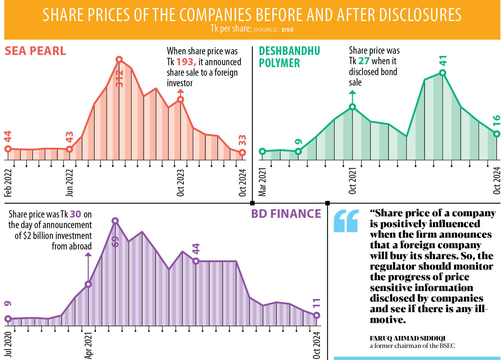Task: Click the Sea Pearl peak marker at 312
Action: point(119,59)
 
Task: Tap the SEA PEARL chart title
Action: point(35,51)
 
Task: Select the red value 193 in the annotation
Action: point(186,62)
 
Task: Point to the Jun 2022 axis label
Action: point(70,183)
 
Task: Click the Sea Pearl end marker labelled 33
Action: point(243,153)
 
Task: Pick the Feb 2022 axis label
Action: point(8,183)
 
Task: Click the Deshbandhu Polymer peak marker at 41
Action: point(442,73)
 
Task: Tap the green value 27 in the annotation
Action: point(364,61)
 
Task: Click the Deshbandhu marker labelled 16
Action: point(496,134)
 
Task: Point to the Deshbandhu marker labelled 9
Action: point(298,151)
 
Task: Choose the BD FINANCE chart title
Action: point(286,214)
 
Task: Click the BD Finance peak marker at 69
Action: point(115,221)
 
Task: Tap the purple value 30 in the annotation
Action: point(75,214)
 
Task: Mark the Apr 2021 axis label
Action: point(88,345)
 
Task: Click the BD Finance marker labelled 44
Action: point(196,261)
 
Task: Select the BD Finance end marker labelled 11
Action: point(316,315)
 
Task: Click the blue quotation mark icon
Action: point(346,221)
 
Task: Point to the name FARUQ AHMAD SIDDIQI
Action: point(407,338)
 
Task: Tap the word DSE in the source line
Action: point(288,30)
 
